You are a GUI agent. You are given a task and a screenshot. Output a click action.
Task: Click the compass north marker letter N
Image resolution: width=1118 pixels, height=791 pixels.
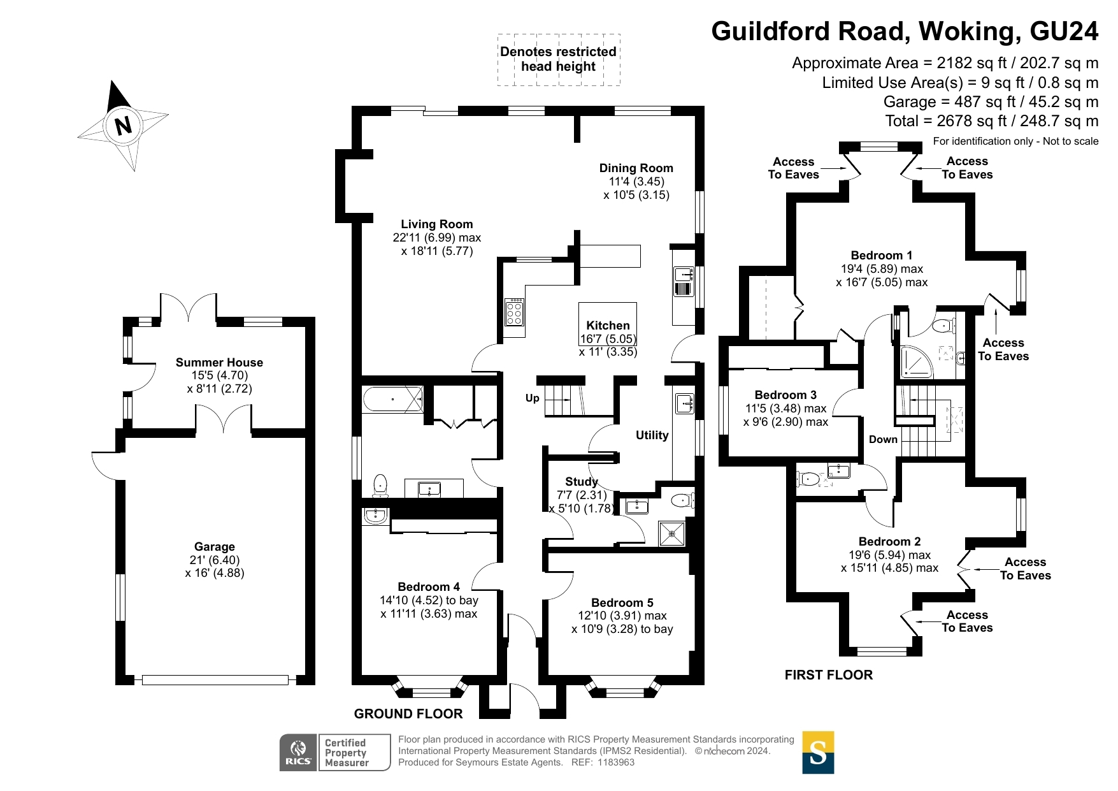tap(123, 125)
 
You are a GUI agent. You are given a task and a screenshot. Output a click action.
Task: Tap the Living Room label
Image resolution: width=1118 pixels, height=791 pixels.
tap(436, 224)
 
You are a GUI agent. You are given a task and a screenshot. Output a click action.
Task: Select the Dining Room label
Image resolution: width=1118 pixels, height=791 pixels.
tap(636, 168)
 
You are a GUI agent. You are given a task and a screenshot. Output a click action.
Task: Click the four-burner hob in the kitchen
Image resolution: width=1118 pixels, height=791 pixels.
tap(514, 312)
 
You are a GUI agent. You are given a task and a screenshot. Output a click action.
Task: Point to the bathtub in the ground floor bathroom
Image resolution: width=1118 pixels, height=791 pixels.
tap(392, 399)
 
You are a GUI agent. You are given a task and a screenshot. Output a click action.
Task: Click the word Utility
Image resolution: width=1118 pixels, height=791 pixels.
tap(652, 435)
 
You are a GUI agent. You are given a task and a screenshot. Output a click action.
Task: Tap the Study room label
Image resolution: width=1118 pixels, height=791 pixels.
tap(581, 482)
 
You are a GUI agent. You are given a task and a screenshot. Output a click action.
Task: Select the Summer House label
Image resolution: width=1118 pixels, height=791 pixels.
tap(219, 363)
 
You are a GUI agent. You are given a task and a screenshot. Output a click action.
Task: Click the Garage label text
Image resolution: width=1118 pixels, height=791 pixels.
tap(215, 547)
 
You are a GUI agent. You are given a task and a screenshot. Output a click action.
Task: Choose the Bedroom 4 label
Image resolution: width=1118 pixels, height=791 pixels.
tap(428, 587)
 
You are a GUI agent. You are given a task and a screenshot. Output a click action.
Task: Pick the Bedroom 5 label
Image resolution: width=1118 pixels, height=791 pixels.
tap(622, 603)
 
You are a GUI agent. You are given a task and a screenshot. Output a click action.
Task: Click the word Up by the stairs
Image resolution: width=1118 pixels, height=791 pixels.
tap(532, 398)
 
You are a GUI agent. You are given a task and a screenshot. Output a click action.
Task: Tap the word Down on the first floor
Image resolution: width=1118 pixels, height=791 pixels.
tap(883, 440)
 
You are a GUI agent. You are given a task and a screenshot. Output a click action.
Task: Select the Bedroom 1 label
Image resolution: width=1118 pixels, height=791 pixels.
tap(881, 256)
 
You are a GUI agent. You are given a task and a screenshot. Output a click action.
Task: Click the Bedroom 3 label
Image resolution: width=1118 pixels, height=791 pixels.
tap(785, 395)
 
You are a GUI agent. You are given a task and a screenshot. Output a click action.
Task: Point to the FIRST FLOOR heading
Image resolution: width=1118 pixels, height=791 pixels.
tap(828, 675)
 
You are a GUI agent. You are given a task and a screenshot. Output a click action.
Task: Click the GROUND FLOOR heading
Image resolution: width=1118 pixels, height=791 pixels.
tap(408, 714)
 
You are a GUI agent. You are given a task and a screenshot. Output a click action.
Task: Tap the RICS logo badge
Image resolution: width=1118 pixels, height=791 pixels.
tap(298, 753)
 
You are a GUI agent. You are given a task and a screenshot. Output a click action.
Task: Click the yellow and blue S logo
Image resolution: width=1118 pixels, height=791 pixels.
tap(818, 753)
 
